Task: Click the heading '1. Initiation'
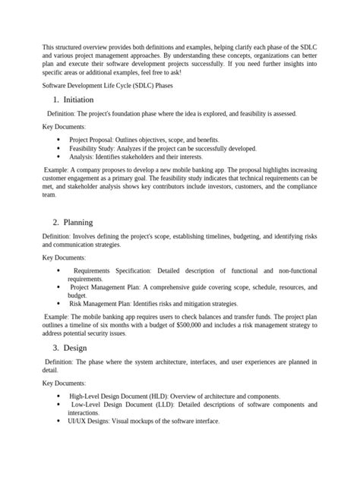pyautogui.click(x=81, y=100)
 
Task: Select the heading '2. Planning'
pyautogui.click(x=79, y=223)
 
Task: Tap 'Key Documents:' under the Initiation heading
pyautogui.click(x=63, y=126)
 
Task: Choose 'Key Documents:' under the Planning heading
pyautogui.click(x=63, y=257)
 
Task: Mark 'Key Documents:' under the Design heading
pyautogui.click(x=63, y=384)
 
